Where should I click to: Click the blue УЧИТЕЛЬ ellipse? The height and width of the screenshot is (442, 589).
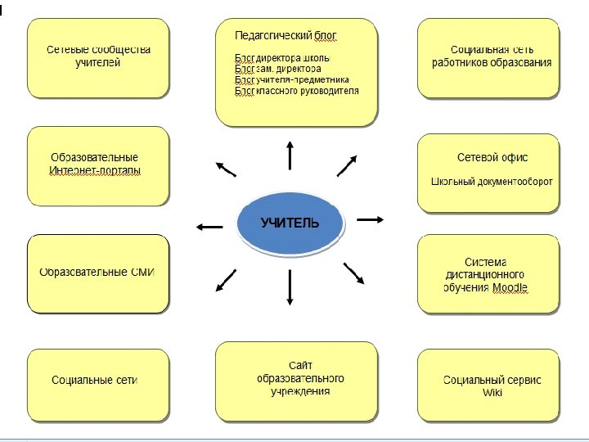tap(290, 223)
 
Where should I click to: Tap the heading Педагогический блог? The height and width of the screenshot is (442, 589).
tap(286, 36)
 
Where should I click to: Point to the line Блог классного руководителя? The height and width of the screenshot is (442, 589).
tap(296, 91)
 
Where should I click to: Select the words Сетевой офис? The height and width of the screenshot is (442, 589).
tap(492, 157)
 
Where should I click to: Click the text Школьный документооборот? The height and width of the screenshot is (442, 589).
tap(492, 181)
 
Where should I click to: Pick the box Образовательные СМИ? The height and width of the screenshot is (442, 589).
tap(98, 273)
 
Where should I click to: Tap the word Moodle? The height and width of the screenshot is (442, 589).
tap(510, 288)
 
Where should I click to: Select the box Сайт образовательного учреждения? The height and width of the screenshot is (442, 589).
tap(296, 378)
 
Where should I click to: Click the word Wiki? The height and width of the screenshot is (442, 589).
tap(492, 392)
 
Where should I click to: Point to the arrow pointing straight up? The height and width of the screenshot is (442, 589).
tap(290, 153)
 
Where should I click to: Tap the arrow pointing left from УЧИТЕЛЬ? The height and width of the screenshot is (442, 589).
tap(209, 227)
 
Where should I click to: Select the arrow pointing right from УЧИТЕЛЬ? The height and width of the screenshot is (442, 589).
tap(371, 219)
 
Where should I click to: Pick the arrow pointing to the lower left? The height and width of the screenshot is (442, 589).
tap(225, 280)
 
